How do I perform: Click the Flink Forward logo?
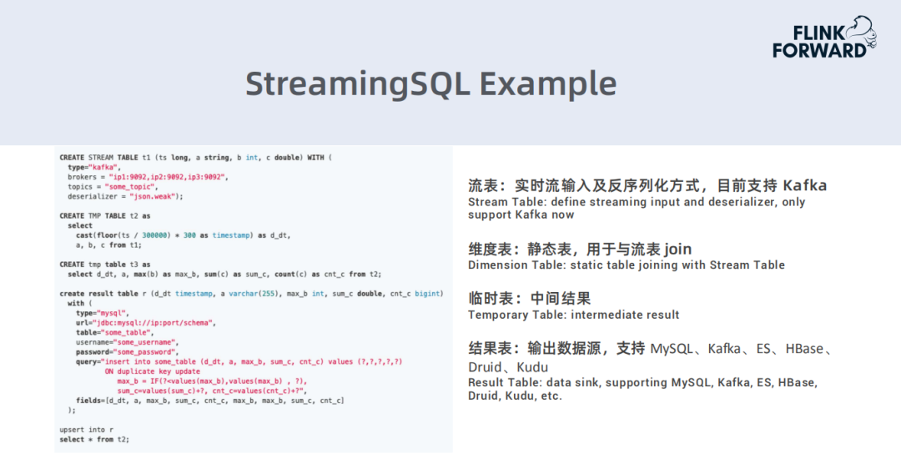click(x=824, y=38)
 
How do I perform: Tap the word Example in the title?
click(x=548, y=84)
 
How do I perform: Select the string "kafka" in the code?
click(x=104, y=167)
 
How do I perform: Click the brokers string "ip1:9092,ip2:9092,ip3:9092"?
click(x=167, y=177)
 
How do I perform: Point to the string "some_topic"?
click(x=129, y=187)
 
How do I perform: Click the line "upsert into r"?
click(x=86, y=430)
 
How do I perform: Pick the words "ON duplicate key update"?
click(x=153, y=372)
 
